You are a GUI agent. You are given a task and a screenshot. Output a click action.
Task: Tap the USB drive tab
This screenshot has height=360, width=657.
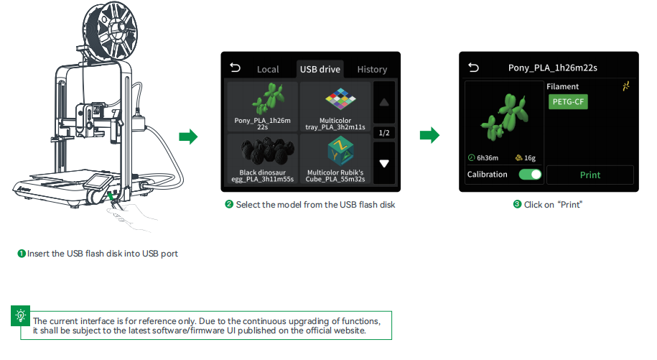pos(320,69)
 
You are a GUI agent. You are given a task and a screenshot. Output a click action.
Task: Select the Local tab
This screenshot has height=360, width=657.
pos(268,69)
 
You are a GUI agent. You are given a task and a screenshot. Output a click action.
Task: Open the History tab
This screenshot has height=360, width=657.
pos(372,69)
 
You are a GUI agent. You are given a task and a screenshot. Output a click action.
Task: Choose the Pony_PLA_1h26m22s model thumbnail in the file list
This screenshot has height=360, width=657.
pos(263,106)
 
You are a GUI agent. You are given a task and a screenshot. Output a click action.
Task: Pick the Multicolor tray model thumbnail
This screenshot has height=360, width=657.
pos(335,106)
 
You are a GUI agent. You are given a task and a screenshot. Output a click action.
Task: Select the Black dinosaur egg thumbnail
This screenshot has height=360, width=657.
pos(263,159)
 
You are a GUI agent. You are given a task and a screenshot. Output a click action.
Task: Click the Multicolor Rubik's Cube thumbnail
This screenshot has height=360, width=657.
pos(335,159)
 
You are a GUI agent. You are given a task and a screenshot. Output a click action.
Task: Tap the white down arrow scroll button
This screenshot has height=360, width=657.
pos(384,163)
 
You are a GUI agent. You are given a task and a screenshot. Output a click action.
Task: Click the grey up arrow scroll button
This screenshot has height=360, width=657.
pos(384,102)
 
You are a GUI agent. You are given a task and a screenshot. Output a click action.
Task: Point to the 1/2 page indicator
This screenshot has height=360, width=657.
pos(384,133)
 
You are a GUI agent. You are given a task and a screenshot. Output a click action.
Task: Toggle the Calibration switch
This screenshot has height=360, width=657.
pos(530,175)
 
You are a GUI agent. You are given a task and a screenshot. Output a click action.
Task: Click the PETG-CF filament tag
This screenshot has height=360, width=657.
pos(568,102)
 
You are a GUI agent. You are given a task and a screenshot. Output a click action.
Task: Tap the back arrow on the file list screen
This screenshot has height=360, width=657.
pos(236,68)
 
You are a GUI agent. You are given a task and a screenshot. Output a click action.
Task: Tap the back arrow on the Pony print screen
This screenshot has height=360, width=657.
pos(473,68)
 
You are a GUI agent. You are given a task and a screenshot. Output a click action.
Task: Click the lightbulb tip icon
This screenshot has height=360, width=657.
pos(21,315)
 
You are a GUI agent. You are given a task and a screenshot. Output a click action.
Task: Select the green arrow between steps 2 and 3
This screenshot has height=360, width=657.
pos(429,135)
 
